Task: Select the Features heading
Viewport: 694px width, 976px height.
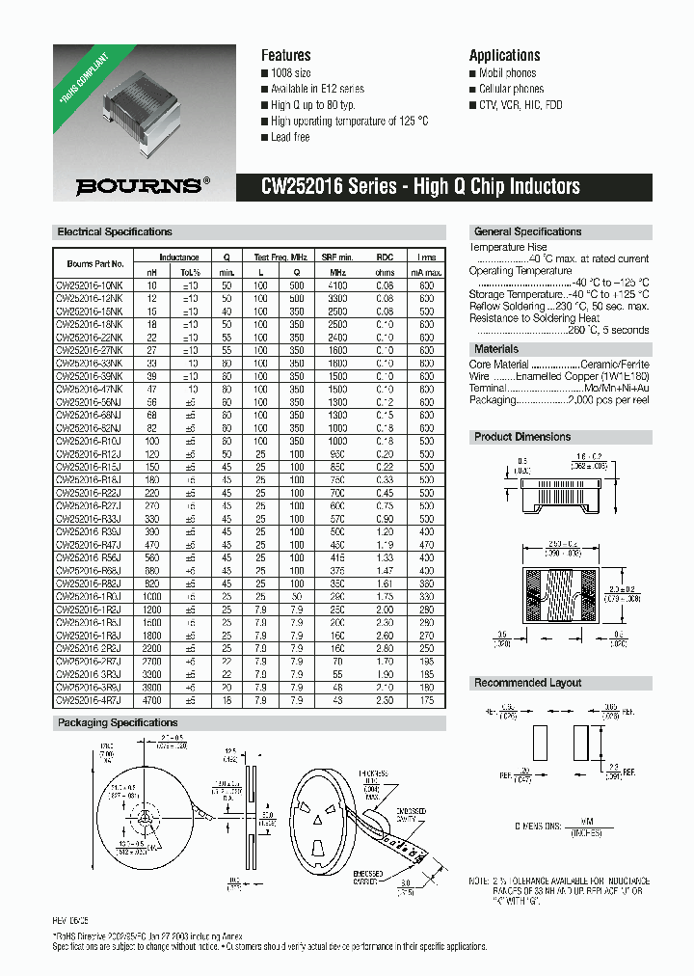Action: tap(285, 55)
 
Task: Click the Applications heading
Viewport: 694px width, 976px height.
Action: tap(504, 55)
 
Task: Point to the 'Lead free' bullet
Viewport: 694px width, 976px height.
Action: tap(290, 137)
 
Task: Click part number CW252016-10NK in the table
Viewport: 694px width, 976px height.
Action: tap(89, 286)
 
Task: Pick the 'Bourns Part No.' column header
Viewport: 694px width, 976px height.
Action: tap(95, 263)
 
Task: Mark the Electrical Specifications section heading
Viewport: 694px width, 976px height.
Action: tap(115, 232)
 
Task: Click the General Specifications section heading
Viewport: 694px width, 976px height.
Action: tap(527, 232)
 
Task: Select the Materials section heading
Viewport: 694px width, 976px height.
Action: tap(496, 349)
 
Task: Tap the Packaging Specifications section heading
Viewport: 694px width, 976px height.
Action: tap(118, 722)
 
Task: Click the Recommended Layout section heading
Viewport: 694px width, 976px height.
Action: tap(527, 683)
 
